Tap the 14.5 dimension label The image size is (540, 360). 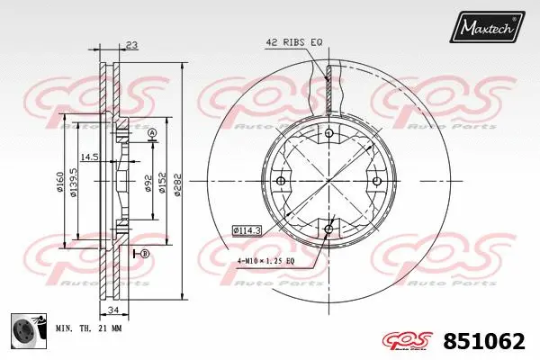tap(89, 157)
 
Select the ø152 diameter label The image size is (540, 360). tap(162, 185)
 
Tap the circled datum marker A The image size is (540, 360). tap(151, 134)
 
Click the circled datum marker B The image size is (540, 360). tap(144, 255)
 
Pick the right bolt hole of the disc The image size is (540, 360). tap(376, 182)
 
